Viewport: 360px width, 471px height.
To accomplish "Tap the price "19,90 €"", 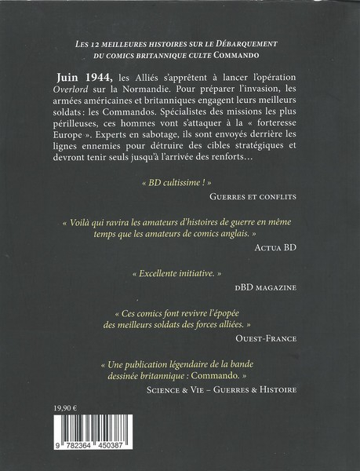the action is point(65,421).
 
